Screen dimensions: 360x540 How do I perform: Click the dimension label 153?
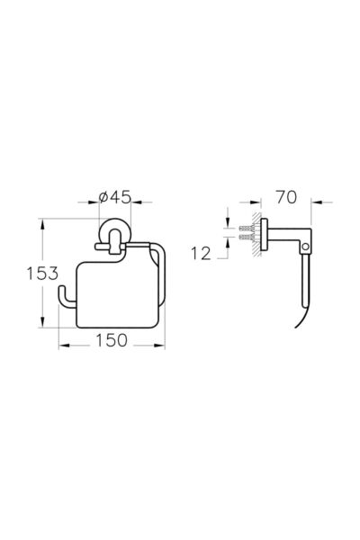[x=42, y=274]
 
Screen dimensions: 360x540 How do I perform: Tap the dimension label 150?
[x=112, y=340]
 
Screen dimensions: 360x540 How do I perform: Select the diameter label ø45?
[x=114, y=197]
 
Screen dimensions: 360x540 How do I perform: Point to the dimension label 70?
[x=286, y=197]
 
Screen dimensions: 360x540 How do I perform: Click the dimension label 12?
[x=201, y=254]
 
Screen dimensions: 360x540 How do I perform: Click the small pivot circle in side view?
[x=305, y=247]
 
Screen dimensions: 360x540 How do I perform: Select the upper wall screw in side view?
[x=247, y=228]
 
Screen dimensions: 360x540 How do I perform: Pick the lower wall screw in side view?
[x=247, y=237]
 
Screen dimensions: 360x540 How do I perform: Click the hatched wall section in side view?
[x=256, y=234]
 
